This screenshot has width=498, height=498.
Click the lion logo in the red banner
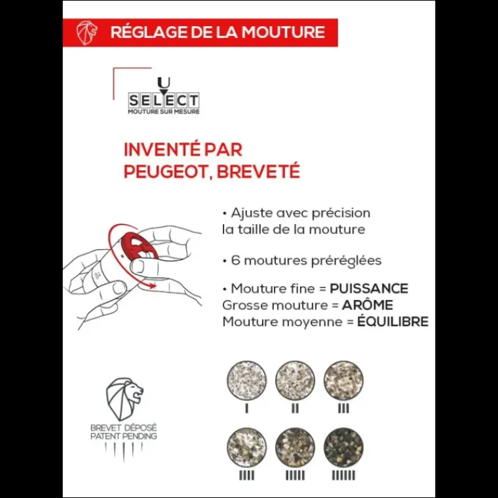[87, 32]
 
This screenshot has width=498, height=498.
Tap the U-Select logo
[164, 96]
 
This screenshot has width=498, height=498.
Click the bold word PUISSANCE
[369, 289]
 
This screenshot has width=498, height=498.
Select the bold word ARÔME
[367, 305]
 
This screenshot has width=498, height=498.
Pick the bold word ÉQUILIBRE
[393, 321]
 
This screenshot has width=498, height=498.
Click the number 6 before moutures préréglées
[235, 260]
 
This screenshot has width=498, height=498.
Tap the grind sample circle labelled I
[247, 380]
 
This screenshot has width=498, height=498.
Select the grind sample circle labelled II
[295, 380]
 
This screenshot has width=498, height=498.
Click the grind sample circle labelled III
[344, 380]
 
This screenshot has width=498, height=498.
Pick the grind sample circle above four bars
[247, 447]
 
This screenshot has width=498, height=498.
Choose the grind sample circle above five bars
[295, 447]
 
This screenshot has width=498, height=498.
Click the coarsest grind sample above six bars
[344, 447]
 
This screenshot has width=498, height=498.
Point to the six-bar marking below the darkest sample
[344, 476]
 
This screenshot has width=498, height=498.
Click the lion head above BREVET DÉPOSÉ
[124, 398]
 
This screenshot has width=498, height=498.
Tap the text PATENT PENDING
[123, 436]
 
